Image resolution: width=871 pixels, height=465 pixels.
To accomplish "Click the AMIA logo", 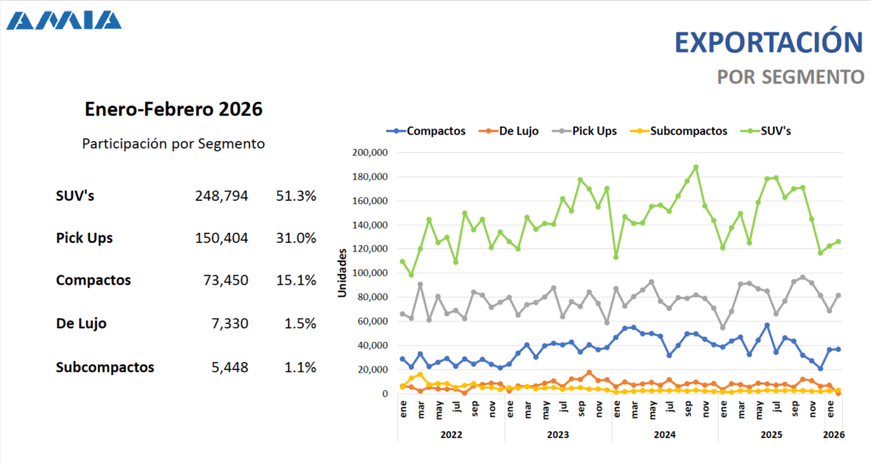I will (x=64, y=20).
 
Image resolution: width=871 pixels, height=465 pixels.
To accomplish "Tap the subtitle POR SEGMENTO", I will (x=790, y=77).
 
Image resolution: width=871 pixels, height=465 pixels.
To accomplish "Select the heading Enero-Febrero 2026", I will (x=174, y=109).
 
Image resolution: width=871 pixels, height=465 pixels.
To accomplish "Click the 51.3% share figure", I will (x=296, y=196).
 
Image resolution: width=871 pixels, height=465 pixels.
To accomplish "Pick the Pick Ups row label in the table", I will (x=84, y=238).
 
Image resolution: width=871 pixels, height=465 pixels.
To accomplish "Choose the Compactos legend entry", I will (x=427, y=131).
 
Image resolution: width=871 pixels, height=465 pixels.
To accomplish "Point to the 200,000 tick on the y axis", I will (x=369, y=153).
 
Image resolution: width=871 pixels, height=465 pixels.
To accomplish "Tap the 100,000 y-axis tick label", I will (x=369, y=274).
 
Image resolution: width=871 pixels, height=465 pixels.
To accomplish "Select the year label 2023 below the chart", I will (x=558, y=434).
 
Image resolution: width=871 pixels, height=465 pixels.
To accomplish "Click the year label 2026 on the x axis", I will (x=834, y=434).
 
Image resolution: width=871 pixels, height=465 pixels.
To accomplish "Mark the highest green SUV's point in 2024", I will (x=696, y=167).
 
